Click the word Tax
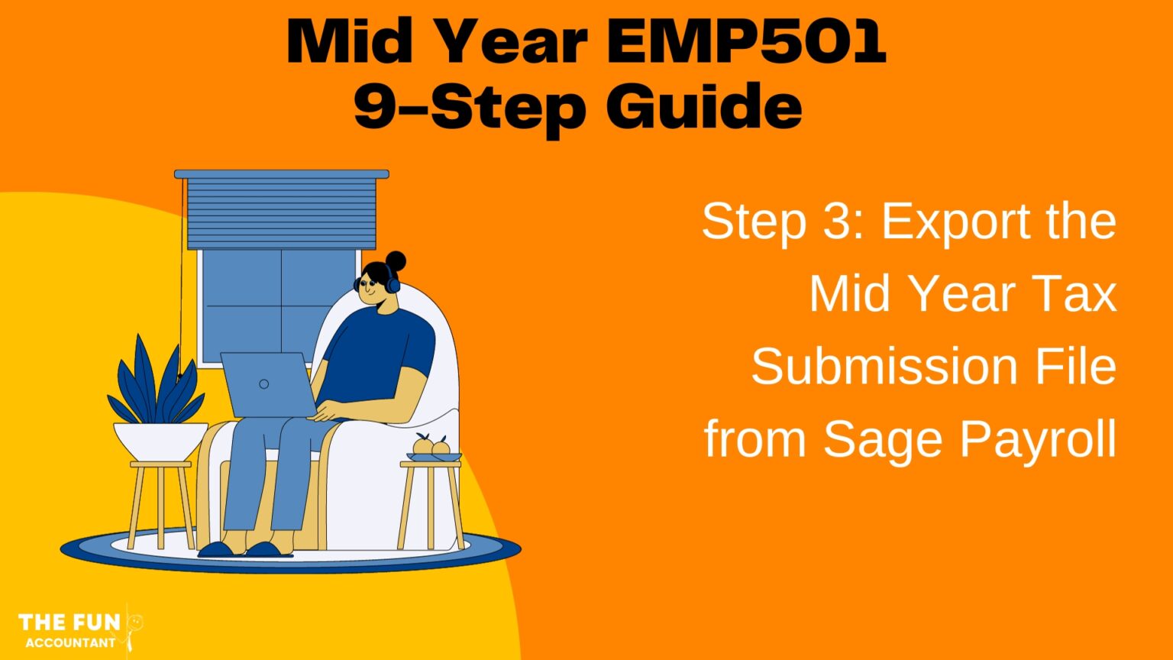tap(1078, 294)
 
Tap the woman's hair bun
tap(396, 261)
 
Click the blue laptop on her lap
tap(267, 383)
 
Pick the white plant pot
tap(160, 441)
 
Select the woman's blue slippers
tap(244, 549)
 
